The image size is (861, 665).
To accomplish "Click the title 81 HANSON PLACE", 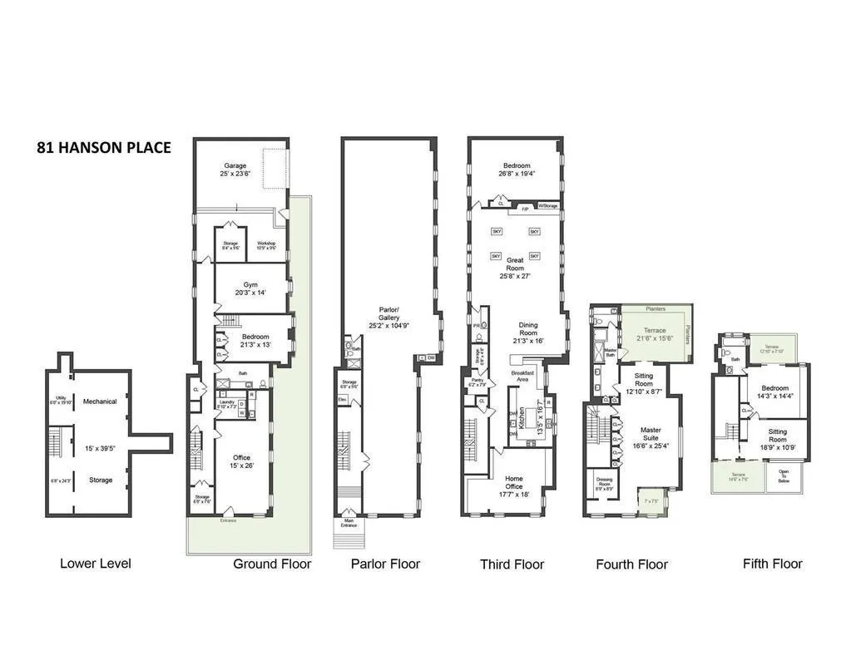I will pyautogui.click(x=104, y=148).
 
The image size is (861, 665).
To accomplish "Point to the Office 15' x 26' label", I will pyautogui.click(x=242, y=461).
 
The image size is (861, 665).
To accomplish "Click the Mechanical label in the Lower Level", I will pyautogui.click(x=101, y=401).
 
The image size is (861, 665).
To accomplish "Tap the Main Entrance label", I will pyautogui.click(x=349, y=524).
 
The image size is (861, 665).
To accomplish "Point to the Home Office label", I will pyautogui.click(x=513, y=482).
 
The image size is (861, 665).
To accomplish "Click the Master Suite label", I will pyautogui.click(x=651, y=435).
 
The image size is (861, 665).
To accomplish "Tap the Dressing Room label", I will pyautogui.click(x=604, y=484).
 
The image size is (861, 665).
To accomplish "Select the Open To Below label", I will pyautogui.click(x=784, y=476).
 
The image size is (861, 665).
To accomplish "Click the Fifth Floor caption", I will pyautogui.click(x=772, y=564).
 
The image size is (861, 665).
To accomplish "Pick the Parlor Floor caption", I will pyautogui.click(x=385, y=564).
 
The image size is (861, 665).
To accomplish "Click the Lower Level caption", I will pyautogui.click(x=95, y=564).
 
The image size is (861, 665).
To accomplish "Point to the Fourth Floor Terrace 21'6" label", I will pyautogui.click(x=655, y=333).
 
